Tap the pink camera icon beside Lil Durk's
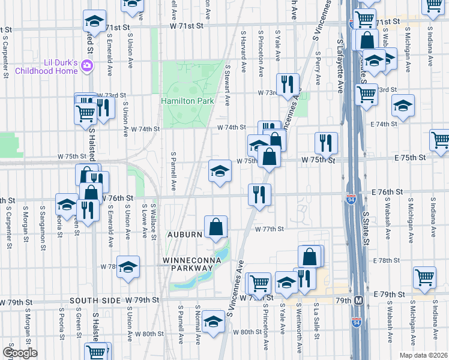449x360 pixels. point(87,65)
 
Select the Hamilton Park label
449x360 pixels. point(187,101)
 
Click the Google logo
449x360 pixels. point(20,352)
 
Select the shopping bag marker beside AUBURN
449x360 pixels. point(215,227)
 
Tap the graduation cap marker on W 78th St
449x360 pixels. point(128,266)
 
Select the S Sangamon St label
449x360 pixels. point(43,221)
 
